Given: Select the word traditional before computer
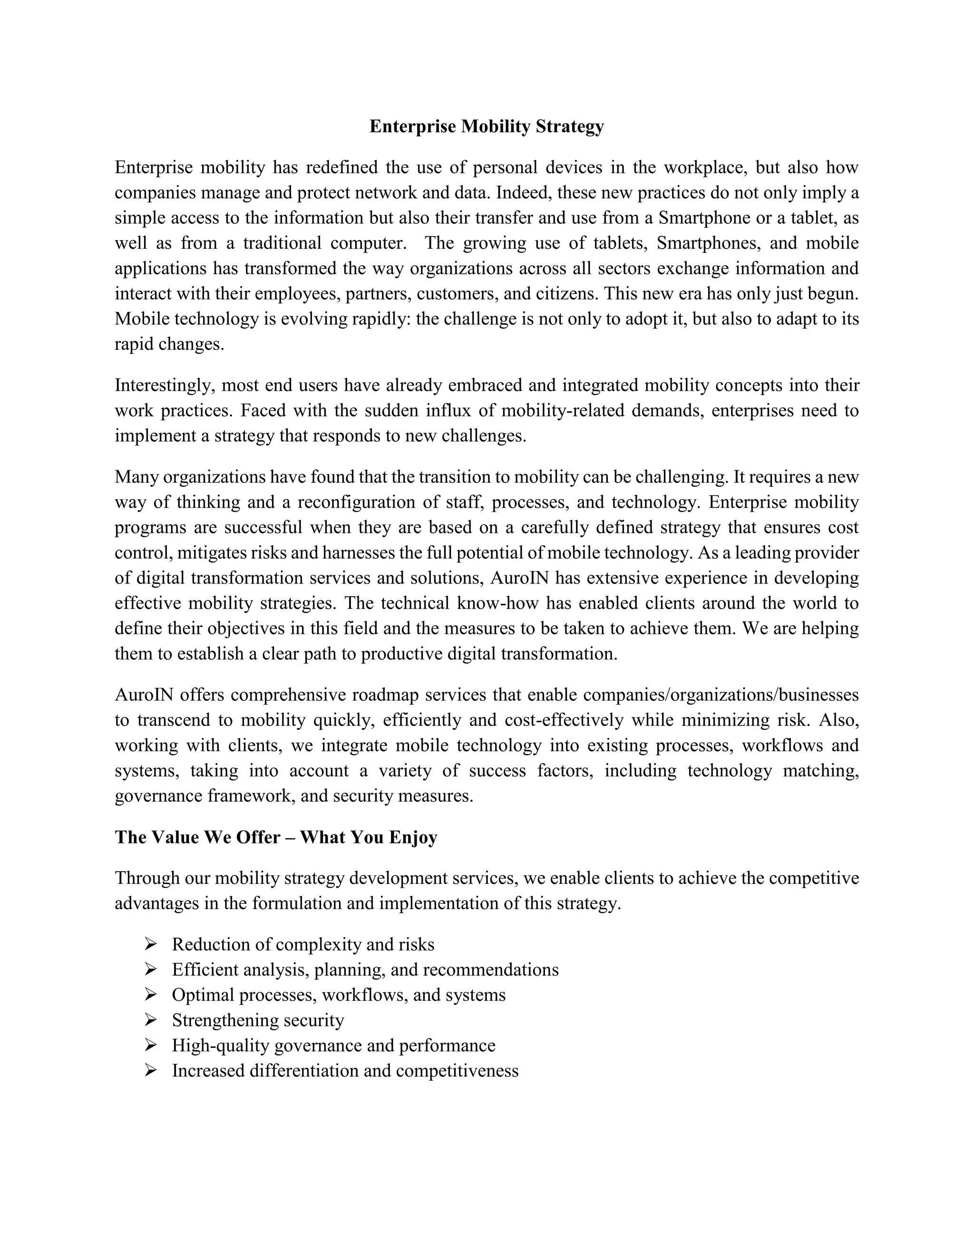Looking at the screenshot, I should point(282,243).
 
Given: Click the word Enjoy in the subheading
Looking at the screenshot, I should point(413,837).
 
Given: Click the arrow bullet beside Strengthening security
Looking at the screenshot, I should point(151,1020).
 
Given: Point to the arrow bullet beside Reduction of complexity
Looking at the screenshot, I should point(151,944).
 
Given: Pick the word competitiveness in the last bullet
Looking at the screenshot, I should point(457,1071).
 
